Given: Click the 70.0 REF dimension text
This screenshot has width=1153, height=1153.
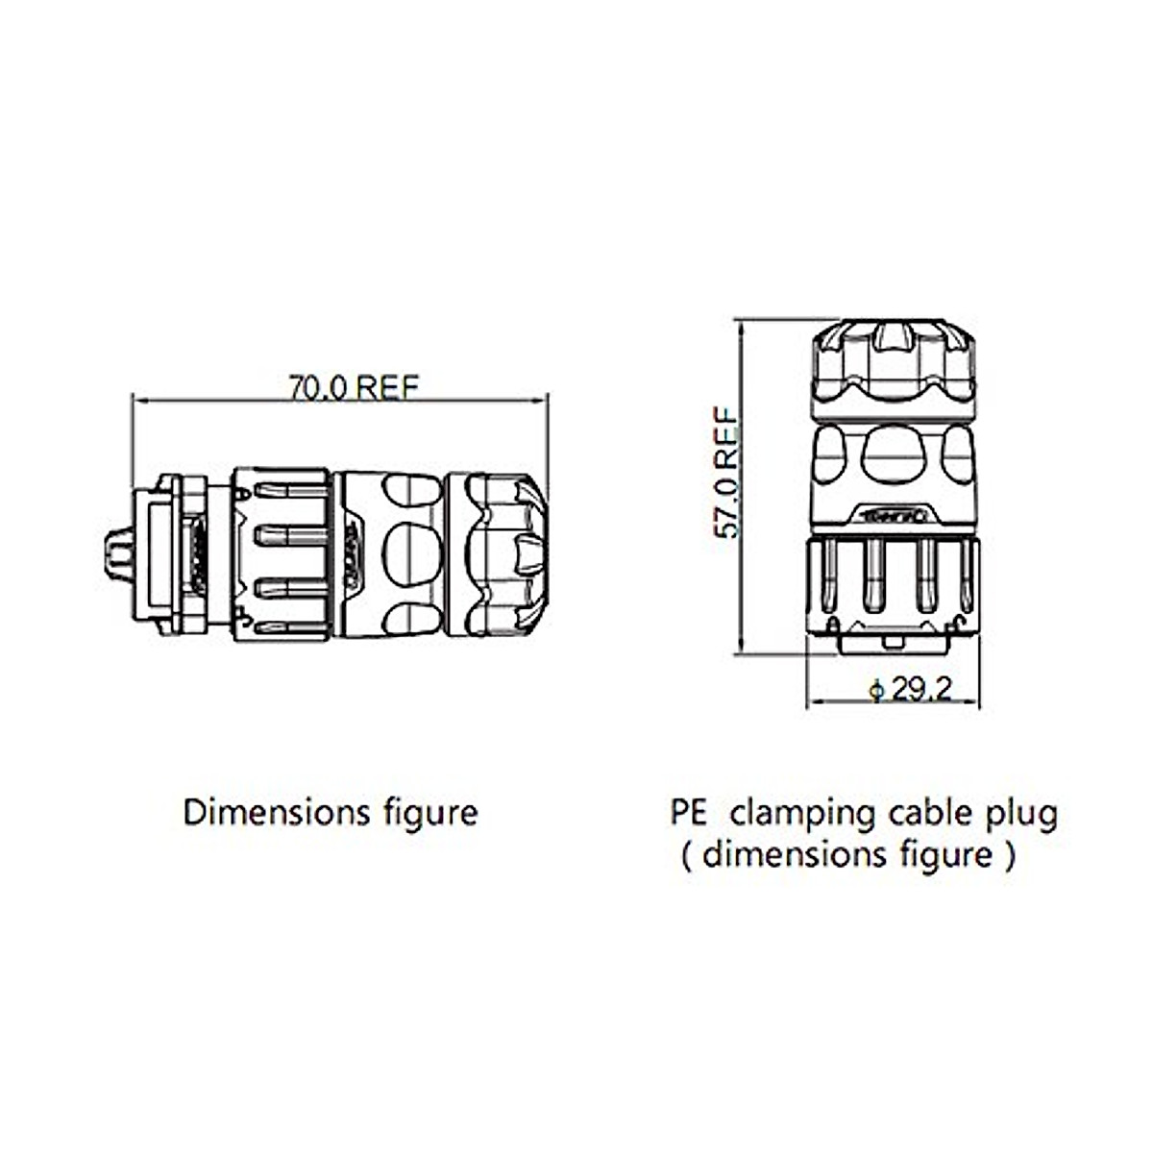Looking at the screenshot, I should [x=354, y=387].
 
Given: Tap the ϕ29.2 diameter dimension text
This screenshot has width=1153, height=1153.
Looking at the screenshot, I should [x=909, y=690].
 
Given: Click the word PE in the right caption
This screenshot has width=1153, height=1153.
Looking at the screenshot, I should [x=688, y=813].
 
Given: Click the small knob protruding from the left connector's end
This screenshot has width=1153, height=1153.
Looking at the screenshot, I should [x=116, y=553].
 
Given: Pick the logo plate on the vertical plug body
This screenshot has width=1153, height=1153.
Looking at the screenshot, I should [x=895, y=515].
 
